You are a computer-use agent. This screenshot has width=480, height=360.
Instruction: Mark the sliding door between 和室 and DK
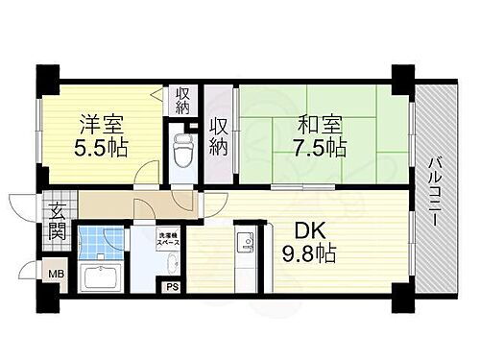click(298, 181)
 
